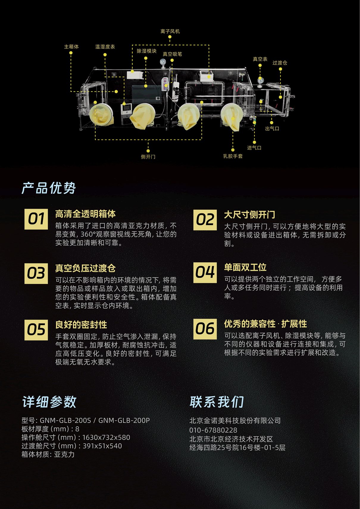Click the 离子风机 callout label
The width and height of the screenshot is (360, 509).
tap(170, 31)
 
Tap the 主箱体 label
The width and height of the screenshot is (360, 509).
tap(71, 46)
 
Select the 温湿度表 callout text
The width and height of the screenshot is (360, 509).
tap(105, 46)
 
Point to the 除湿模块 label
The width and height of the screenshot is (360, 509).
tap(146, 51)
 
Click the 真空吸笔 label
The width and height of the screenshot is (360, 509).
tap(172, 54)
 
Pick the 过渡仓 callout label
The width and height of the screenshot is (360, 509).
tap(280, 63)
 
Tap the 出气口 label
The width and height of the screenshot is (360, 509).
tap(272, 129)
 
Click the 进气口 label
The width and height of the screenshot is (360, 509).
tap(254, 148)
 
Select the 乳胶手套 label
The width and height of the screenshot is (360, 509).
tap(233, 156)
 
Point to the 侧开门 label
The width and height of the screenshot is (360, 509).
tap(148, 157)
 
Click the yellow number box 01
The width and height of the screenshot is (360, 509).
tap(36, 219)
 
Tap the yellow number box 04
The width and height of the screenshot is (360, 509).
tap(205, 273)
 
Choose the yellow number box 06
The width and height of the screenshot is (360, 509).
tap(205, 329)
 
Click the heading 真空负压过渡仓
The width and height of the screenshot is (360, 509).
tap(85, 268)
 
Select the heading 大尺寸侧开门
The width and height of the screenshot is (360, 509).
tap(250, 215)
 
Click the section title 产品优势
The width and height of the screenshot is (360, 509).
tap(48, 188)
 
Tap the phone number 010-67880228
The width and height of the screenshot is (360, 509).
tap(213, 430)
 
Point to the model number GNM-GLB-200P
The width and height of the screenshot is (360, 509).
tap(124, 420)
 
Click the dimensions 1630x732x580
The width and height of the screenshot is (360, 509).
tap(106, 438)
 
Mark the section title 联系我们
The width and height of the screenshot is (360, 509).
tap(217, 402)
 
